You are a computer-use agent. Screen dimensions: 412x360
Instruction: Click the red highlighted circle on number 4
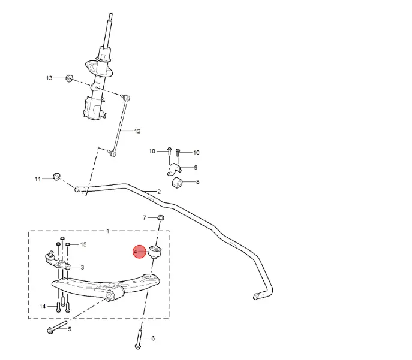pyautogui.click(x=139, y=252)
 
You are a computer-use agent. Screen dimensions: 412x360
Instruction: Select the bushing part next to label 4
pyautogui.click(x=155, y=252)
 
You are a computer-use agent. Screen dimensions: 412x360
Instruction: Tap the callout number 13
pyautogui.click(x=49, y=78)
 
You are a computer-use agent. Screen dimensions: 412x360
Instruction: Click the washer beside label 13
pyautogui.click(x=69, y=78)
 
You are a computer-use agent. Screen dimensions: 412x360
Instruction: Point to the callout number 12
pyautogui.click(x=137, y=131)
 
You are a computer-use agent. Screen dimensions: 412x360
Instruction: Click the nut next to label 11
pyautogui.click(x=57, y=177)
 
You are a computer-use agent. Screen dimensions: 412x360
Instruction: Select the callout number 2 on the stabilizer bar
pyautogui.click(x=159, y=192)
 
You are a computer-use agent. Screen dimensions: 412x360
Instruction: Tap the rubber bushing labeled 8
pyautogui.click(x=177, y=183)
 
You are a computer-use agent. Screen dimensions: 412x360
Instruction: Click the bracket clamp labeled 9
pyautogui.click(x=174, y=169)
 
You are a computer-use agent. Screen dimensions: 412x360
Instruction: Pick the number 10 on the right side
pyautogui.click(x=196, y=153)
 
